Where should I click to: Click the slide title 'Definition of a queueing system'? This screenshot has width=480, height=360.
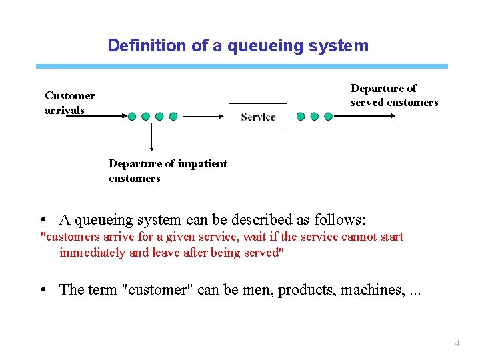(238, 45)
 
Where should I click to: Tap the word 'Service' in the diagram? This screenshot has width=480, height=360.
(258, 117)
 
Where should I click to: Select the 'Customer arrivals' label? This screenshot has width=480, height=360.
(69, 103)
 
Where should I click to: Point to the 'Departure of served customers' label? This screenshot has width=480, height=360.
(394, 95)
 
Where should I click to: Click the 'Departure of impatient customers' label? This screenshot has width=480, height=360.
(167, 171)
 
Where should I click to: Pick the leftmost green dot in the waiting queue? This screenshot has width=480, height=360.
(132, 116)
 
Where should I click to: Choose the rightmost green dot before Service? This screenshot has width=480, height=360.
(173, 116)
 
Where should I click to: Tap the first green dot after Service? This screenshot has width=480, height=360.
(301, 116)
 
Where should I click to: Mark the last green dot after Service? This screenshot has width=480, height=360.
(328, 116)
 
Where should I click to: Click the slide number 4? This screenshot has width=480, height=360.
(457, 343)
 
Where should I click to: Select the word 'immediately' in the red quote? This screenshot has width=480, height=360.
(93, 252)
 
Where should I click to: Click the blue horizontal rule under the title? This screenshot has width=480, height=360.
(242, 67)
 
